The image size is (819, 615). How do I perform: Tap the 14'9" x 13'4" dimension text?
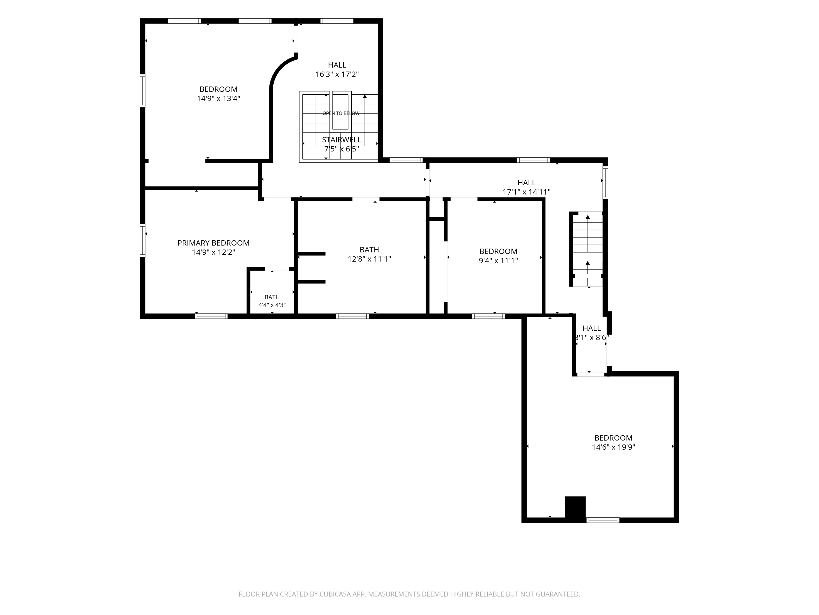pyautogui.click(x=218, y=98)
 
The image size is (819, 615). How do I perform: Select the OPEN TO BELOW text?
pyautogui.click(x=341, y=113)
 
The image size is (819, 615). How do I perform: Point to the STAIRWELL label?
pyautogui.click(x=341, y=140)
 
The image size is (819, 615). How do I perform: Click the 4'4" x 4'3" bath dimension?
pyautogui.click(x=272, y=305)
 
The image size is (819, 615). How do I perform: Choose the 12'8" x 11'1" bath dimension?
pyautogui.click(x=369, y=259)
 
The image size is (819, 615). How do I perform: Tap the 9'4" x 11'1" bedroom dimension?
pyautogui.click(x=498, y=260)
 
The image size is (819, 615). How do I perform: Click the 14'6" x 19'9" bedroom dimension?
pyautogui.click(x=613, y=447)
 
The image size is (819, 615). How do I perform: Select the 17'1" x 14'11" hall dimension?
pyautogui.click(x=527, y=192)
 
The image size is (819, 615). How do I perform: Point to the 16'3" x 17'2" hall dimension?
pyautogui.click(x=337, y=74)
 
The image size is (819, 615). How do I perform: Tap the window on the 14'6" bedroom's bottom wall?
pyautogui.click(x=603, y=520)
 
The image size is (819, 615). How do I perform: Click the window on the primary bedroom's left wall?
pyautogui.click(x=143, y=240)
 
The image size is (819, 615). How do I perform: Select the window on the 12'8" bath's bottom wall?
pyautogui.click(x=352, y=316)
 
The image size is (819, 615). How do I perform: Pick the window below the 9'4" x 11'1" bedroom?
pyautogui.click(x=488, y=316)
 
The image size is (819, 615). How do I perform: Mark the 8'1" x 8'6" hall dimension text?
pyautogui.click(x=592, y=337)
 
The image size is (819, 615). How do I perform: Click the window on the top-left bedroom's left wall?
pyautogui.click(x=143, y=91)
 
